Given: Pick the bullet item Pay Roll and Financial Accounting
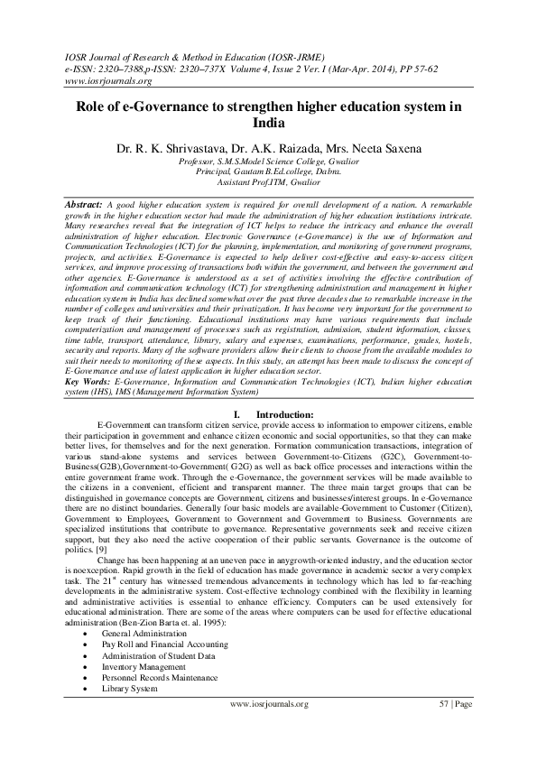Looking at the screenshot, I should coord(162,645).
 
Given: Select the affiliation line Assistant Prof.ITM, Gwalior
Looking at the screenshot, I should coord(268,181).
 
